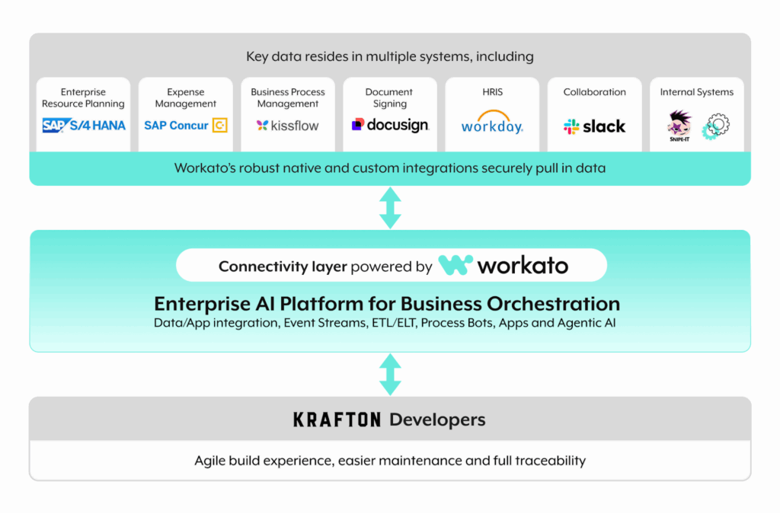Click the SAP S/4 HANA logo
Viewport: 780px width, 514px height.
(84, 126)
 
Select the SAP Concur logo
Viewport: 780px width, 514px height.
(186, 126)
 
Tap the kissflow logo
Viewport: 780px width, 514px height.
(287, 126)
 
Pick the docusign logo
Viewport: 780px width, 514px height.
(389, 125)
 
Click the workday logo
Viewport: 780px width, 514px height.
(492, 126)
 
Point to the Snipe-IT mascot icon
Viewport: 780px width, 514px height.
(679, 126)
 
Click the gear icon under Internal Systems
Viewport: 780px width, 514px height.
(715, 125)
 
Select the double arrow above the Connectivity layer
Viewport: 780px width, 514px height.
(390, 207)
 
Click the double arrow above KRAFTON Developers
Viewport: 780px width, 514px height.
(390, 373)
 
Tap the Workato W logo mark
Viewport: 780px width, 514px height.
(455, 266)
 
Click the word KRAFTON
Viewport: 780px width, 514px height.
(337, 420)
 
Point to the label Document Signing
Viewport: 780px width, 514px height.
(389, 97)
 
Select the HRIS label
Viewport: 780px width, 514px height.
(492, 92)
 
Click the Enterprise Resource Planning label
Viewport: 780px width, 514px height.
(84, 97)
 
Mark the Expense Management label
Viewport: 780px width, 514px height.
(186, 97)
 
